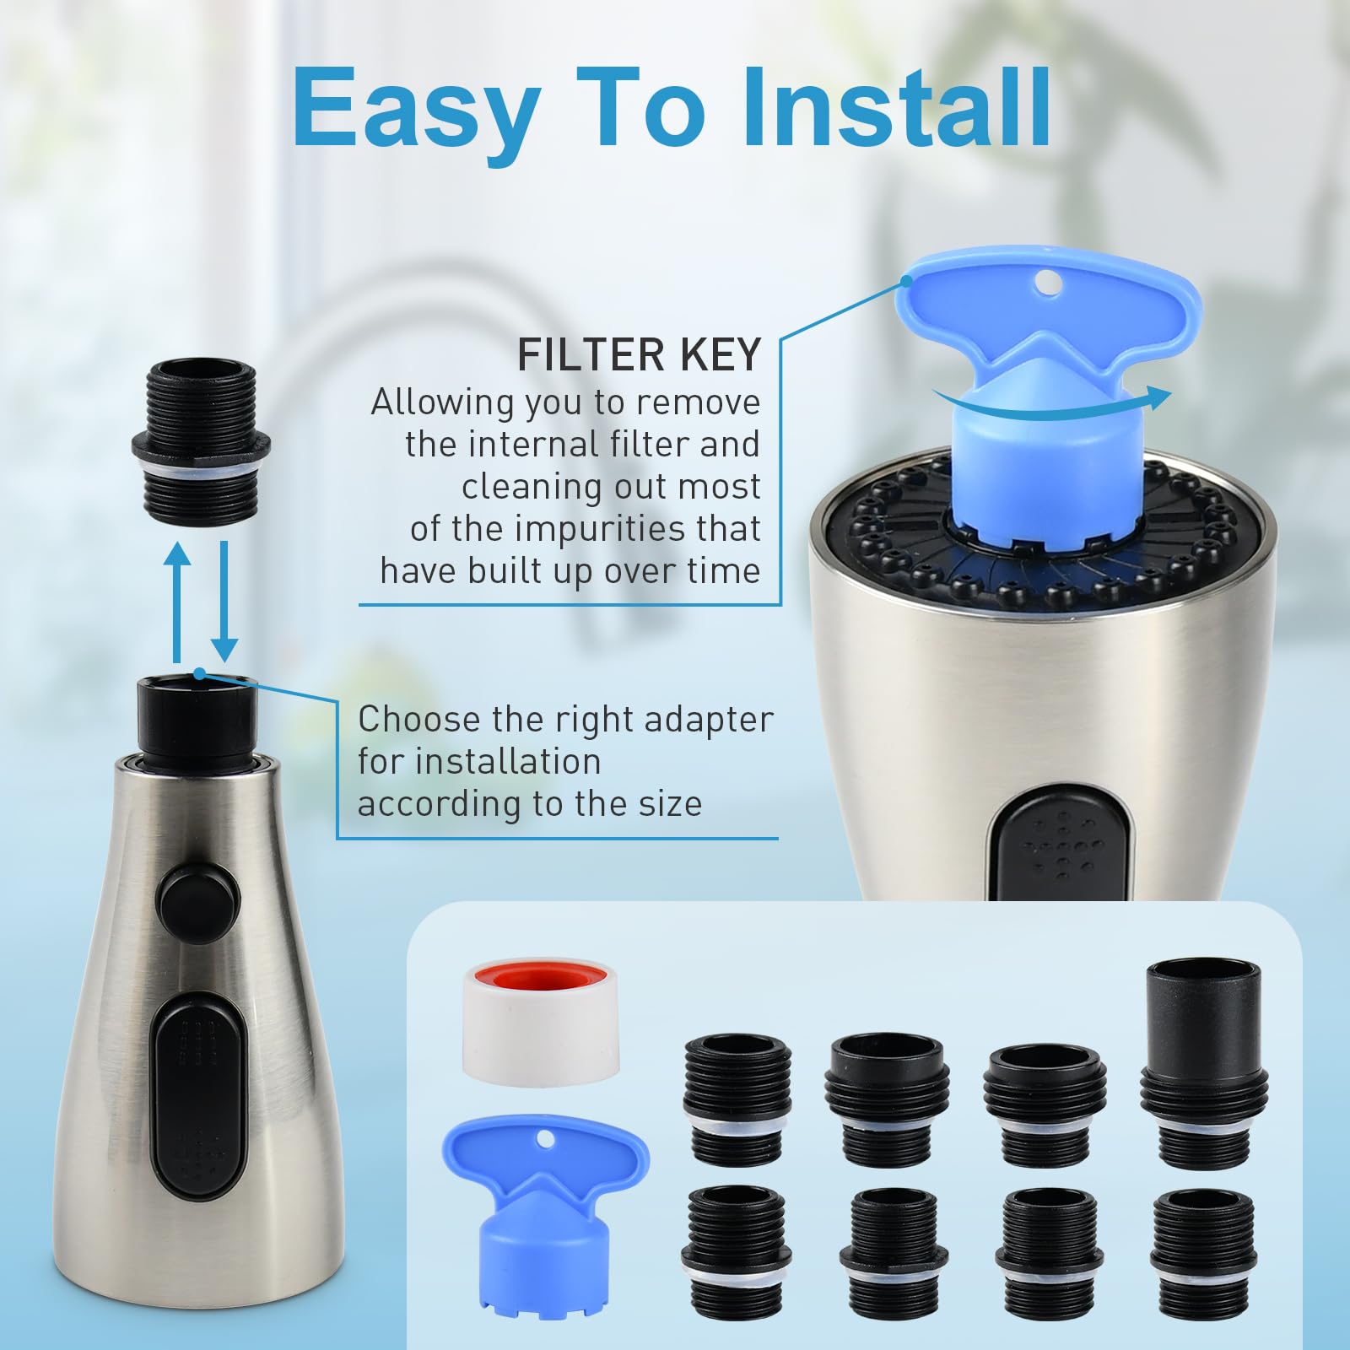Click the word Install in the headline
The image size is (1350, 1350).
896,108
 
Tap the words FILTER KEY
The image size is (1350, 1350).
639,354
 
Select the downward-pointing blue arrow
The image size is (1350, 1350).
224,602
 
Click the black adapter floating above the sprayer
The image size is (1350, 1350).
200,435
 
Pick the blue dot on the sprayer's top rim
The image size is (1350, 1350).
200,672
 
